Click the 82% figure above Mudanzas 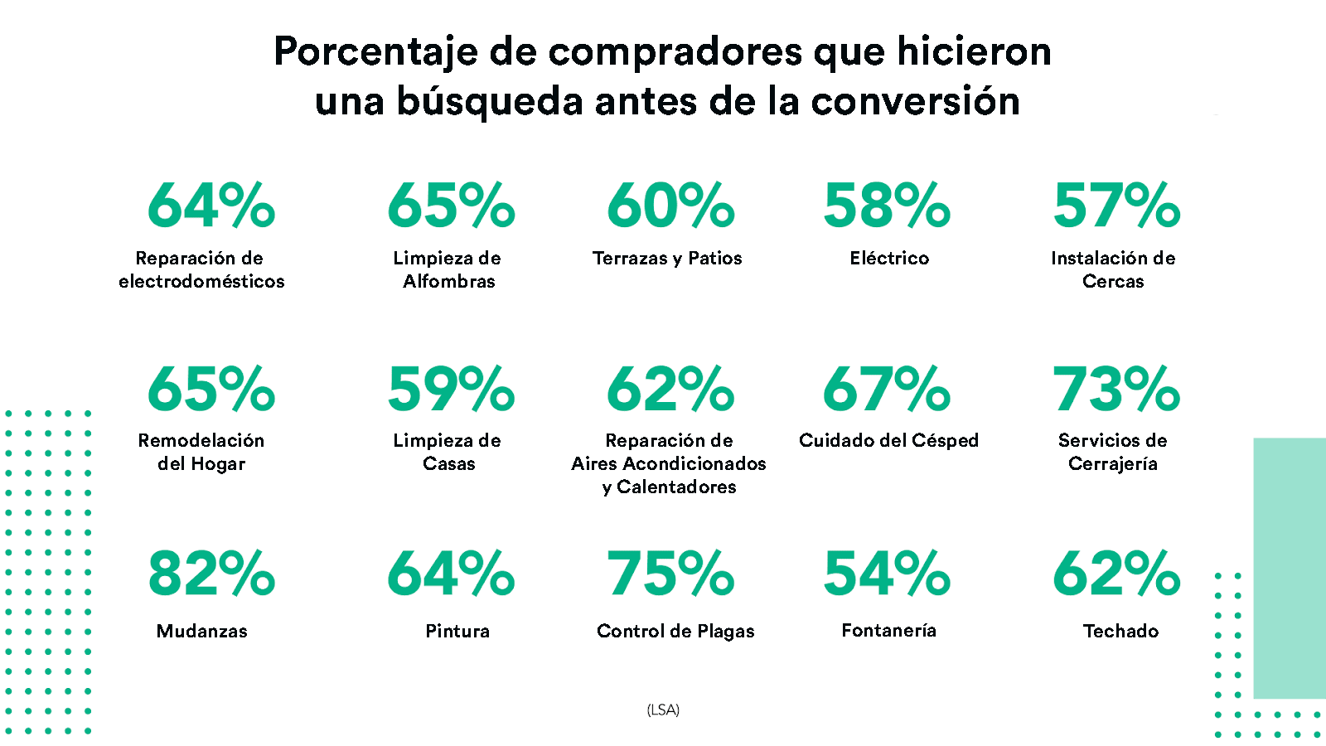[x=211, y=574]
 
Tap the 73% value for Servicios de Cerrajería [x=1116, y=390]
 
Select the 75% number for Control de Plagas [x=670, y=574]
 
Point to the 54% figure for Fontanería [x=887, y=574]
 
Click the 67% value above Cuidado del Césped [x=887, y=390]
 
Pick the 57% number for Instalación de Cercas [x=1116, y=206]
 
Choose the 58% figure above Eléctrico [x=887, y=206]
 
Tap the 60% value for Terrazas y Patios [x=670, y=206]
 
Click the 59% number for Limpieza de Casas [x=451, y=390]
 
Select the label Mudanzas [x=202, y=632]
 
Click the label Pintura [x=457, y=632]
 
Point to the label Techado [x=1120, y=632]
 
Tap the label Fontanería [x=888, y=631]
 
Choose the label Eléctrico [x=889, y=259]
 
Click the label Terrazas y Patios [x=667, y=259]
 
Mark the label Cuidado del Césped [x=888, y=441]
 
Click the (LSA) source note [x=663, y=710]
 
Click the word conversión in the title [x=915, y=102]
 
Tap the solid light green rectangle [x=1290, y=568]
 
